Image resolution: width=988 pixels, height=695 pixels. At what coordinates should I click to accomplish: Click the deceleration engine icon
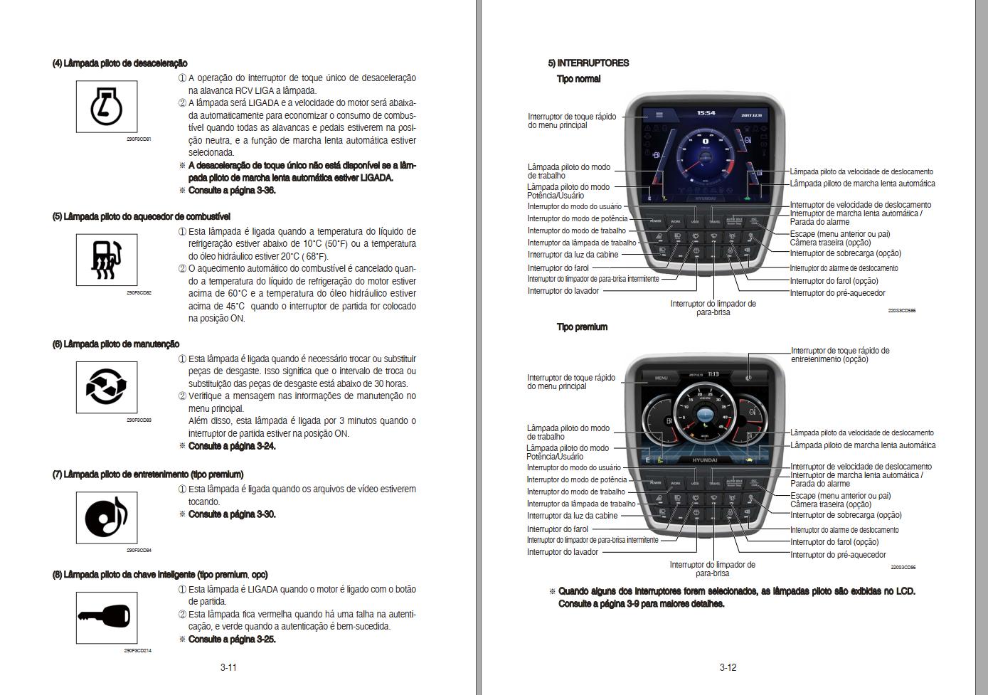[x=107, y=107]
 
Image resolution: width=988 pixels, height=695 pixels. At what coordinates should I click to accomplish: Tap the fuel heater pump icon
[x=107, y=260]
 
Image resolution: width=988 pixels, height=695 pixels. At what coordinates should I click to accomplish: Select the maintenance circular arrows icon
[x=107, y=387]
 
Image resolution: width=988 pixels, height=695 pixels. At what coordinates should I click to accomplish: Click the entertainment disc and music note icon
[x=107, y=517]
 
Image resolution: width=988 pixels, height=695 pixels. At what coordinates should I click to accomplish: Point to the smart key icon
[x=107, y=617]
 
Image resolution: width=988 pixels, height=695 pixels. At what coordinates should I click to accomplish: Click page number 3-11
[x=228, y=667]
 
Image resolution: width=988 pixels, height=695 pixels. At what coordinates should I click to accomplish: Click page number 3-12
[x=728, y=667]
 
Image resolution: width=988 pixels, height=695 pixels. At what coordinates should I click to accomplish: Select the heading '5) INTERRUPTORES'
[x=588, y=63]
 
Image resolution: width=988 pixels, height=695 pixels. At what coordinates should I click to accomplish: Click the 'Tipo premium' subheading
[x=582, y=327]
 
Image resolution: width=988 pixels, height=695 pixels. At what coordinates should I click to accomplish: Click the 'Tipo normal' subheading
[x=578, y=79]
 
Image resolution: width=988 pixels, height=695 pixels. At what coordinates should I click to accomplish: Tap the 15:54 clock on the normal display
[x=706, y=113]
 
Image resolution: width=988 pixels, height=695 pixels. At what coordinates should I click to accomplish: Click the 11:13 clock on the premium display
[x=713, y=374]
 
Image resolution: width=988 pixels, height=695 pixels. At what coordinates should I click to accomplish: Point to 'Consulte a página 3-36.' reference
[x=232, y=191]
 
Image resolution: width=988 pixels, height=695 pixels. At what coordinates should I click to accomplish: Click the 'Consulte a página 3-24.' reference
[x=232, y=446]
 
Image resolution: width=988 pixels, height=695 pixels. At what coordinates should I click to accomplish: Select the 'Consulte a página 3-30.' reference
[x=232, y=514]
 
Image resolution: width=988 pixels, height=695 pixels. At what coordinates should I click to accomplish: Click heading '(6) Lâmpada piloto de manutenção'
[x=116, y=344]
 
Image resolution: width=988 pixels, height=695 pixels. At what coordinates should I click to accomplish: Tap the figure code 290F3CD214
[x=138, y=650]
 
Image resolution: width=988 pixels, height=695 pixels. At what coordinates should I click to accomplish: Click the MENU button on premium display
[x=661, y=378]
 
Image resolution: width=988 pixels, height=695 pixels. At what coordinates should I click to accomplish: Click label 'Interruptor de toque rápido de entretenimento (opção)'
[x=839, y=355]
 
